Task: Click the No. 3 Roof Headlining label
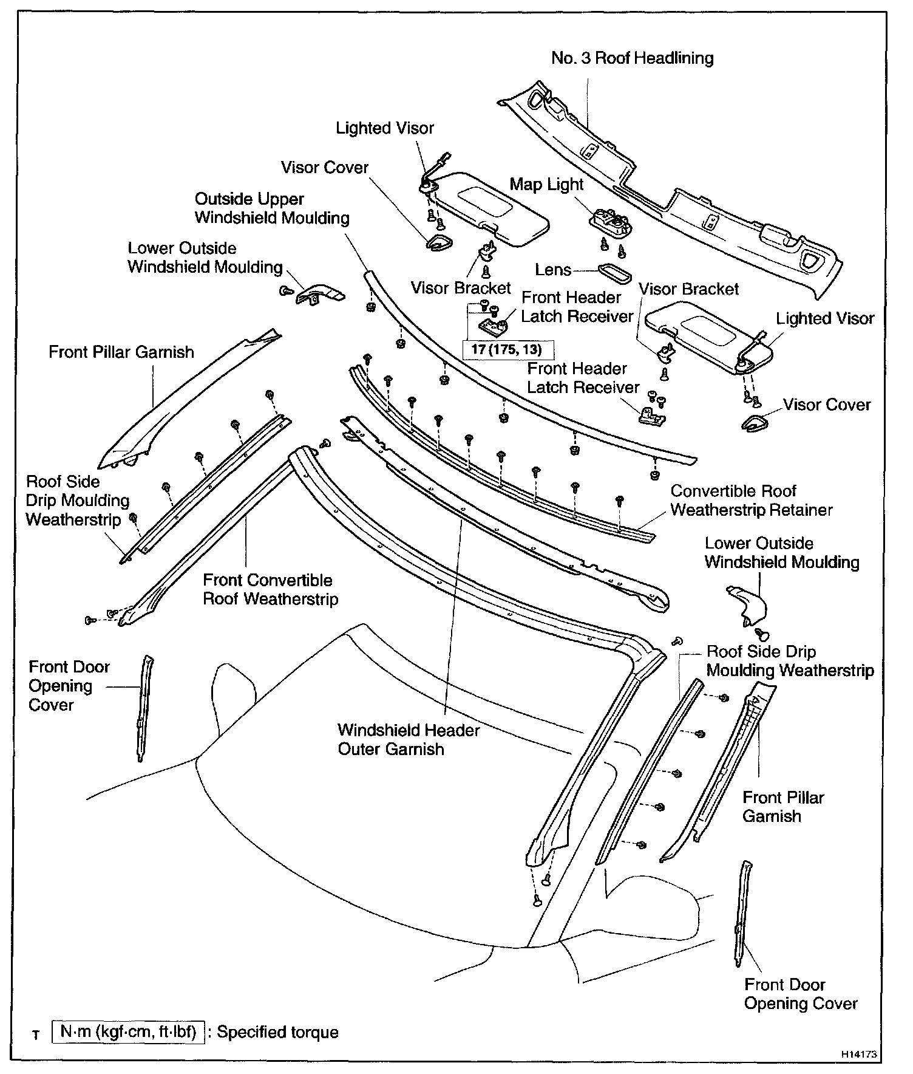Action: [x=632, y=58]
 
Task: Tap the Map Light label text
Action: [x=546, y=185]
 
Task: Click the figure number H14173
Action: [x=859, y=1055]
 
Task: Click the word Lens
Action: [x=553, y=270]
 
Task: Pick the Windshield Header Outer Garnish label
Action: [x=409, y=739]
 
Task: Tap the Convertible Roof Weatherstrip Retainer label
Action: [x=751, y=500]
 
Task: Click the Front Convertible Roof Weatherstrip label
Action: [x=270, y=589]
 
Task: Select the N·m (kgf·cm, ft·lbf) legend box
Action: [x=128, y=1032]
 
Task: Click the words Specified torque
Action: [x=277, y=1032]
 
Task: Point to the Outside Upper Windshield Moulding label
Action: [x=272, y=208]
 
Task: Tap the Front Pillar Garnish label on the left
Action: [x=121, y=352]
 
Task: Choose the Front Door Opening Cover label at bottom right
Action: [x=801, y=994]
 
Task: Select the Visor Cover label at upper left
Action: [x=325, y=168]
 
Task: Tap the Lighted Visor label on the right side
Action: [x=825, y=318]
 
